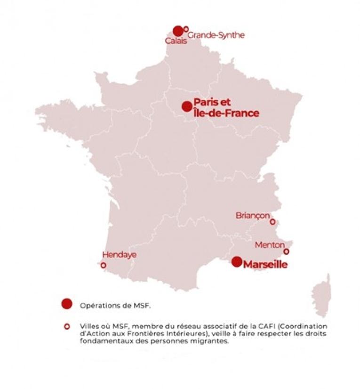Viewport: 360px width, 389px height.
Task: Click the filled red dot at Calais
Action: click(x=178, y=31)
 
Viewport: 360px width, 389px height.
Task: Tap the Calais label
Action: click(x=176, y=41)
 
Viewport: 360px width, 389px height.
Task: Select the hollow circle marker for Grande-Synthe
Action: click(x=186, y=29)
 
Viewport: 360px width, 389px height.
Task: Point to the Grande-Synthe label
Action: click(x=216, y=35)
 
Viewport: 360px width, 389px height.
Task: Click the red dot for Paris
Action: click(x=187, y=106)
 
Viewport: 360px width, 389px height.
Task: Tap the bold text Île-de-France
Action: click(x=226, y=113)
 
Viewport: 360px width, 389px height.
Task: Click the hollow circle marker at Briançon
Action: click(x=272, y=222)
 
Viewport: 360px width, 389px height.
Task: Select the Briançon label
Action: click(x=253, y=215)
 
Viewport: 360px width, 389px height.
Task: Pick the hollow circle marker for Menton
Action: click(x=286, y=251)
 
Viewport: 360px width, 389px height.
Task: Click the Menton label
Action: click(x=270, y=245)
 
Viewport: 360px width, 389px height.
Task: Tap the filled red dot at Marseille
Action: click(x=237, y=262)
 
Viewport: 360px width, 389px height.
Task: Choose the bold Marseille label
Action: click(x=265, y=265)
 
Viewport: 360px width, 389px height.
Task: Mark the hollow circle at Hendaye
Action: click(x=104, y=265)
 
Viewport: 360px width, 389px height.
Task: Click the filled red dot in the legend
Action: click(x=67, y=304)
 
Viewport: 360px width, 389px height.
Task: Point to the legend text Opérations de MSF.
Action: click(x=115, y=305)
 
